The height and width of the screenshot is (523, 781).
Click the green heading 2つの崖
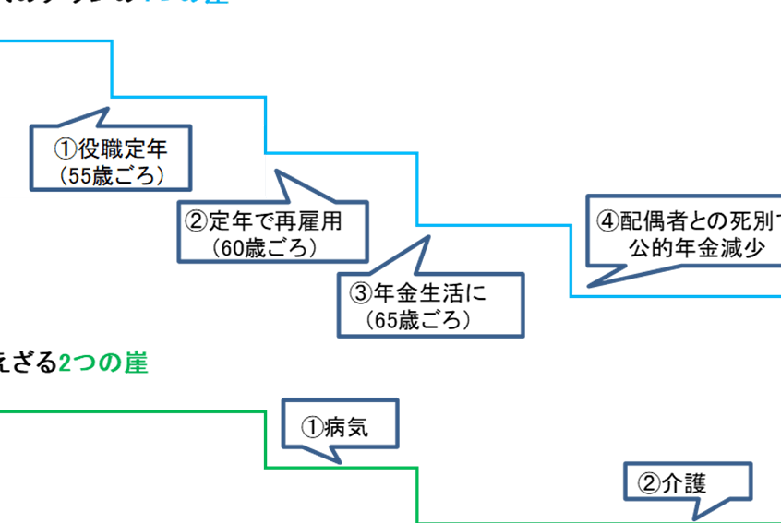pyautogui.click(x=103, y=363)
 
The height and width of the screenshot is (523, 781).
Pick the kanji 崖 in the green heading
pyautogui.click(x=137, y=363)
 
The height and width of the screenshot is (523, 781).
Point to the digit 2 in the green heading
pyautogui.click(x=65, y=363)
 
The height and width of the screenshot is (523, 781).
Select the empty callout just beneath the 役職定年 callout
pyautogui.click(x=272, y=232)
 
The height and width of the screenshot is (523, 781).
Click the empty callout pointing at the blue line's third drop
pyautogui.click(x=430, y=304)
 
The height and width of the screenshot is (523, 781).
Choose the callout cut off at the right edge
pyautogui.click(x=684, y=230)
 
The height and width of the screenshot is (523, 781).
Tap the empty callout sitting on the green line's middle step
pyautogui.click(x=339, y=423)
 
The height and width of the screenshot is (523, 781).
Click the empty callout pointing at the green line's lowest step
pyautogui.click(x=687, y=481)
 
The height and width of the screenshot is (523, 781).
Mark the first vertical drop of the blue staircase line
pyautogui.click(x=112, y=69)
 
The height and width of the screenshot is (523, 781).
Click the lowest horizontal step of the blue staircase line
pyautogui.click(x=674, y=296)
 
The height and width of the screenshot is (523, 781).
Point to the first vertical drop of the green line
pyautogui.click(x=266, y=439)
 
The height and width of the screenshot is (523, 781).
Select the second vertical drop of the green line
pyautogui.click(x=418, y=494)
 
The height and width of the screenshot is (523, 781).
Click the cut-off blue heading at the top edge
pyautogui.click(x=185, y=2)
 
